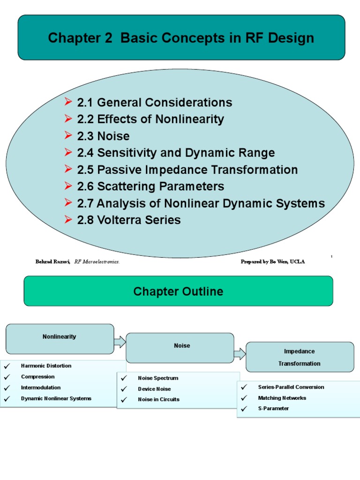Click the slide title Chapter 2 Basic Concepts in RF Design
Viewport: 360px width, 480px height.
click(x=181, y=38)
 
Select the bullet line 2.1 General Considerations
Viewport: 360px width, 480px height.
click(x=155, y=103)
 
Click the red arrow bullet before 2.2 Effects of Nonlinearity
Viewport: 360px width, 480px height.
click(x=68, y=119)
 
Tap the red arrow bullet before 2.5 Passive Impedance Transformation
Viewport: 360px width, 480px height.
click(x=68, y=170)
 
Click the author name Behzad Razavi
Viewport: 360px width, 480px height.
click(x=52, y=262)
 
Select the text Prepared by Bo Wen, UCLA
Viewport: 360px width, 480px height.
click(x=272, y=262)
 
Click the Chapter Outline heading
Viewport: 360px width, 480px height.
click(x=178, y=292)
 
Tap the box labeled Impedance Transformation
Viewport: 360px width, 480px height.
click(x=300, y=357)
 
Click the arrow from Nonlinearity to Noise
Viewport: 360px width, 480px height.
click(x=120, y=342)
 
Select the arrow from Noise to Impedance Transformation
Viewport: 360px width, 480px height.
click(x=240, y=354)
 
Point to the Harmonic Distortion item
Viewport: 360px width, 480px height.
click(x=46, y=366)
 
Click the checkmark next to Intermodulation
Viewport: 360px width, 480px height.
click(x=7, y=388)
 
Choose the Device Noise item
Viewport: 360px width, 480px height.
click(x=154, y=389)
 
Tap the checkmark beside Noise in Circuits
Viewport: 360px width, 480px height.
click(x=124, y=400)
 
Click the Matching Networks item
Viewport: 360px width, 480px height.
click(x=282, y=398)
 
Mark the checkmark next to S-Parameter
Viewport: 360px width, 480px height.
click(x=244, y=409)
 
